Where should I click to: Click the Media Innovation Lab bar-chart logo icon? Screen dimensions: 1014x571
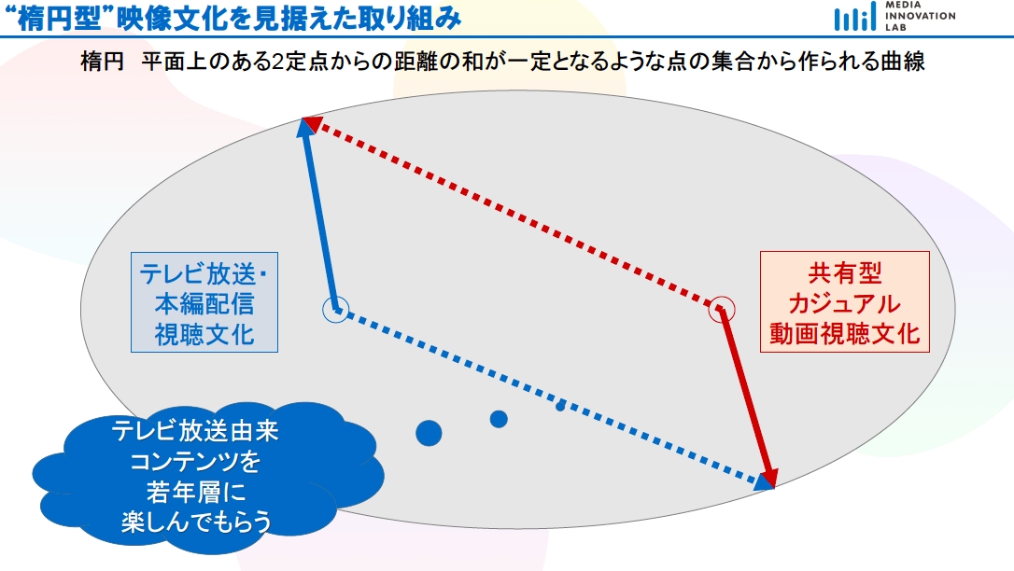tap(855, 18)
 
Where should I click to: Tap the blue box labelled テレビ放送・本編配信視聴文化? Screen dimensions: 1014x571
tap(204, 302)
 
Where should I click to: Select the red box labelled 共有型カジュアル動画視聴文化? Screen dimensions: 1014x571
tap(845, 301)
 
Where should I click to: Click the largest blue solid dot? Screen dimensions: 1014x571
tap(429, 434)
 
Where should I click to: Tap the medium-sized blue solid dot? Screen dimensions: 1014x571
tap(499, 419)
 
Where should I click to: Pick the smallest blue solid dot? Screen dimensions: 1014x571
tap(560, 406)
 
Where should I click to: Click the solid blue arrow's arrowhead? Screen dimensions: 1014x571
tap(306, 127)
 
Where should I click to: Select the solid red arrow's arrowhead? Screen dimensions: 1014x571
tap(767, 477)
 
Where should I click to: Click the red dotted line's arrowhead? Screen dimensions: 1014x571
tap(313, 123)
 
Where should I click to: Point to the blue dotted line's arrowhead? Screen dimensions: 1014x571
tap(765, 480)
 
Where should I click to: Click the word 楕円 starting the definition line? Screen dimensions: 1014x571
tap(102, 62)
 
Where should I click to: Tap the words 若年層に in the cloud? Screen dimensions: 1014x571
tap(196, 493)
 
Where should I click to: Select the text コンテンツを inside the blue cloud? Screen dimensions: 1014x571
tap(195, 462)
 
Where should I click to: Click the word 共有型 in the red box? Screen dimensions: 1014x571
tap(845, 273)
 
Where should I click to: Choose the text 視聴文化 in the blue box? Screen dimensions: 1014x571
tap(204, 335)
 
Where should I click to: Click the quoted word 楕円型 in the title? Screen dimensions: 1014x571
tap(60, 19)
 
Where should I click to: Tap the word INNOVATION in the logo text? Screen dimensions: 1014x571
tap(921, 16)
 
